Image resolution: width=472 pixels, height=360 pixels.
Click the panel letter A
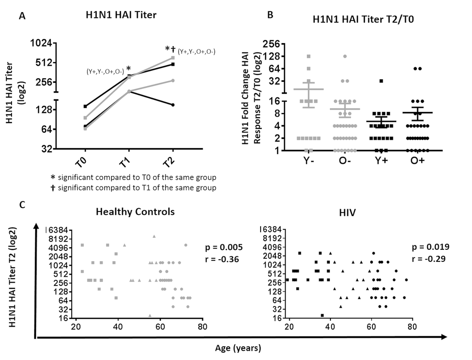pyautogui.click(x=21, y=16)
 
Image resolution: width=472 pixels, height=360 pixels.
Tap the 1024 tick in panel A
pyautogui.click(x=55, y=43)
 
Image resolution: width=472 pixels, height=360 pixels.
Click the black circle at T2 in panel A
pyautogui.click(x=173, y=105)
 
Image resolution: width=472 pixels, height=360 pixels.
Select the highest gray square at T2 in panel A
pyautogui.click(x=173, y=58)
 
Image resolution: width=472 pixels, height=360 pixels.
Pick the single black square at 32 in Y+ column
pyautogui.click(x=381, y=81)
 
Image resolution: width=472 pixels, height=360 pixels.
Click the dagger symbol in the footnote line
pyautogui.click(x=53, y=187)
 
